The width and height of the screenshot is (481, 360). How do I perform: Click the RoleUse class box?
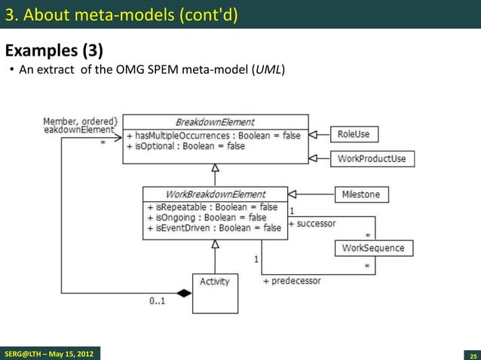(x=354, y=134)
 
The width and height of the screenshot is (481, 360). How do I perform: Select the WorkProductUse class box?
(x=372, y=158)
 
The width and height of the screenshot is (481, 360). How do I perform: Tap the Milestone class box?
(x=361, y=194)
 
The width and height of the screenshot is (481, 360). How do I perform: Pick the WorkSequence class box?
(x=372, y=248)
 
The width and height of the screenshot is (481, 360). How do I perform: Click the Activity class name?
(x=214, y=282)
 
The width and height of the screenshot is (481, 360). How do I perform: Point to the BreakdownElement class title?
(x=215, y=122)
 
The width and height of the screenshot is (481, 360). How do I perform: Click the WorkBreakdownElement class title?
(x=215, y=194)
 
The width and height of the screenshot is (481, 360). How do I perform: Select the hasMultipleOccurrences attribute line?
(x=213, y=135)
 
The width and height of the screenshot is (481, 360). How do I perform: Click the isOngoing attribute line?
(x=206, y=218)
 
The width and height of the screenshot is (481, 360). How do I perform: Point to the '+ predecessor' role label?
(x=291, y=281)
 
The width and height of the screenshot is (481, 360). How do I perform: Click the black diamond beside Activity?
(x=184, y=293)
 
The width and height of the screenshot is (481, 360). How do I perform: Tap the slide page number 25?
(x=473, y=354)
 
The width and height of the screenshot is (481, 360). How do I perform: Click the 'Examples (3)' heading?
(x=54, y=51)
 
